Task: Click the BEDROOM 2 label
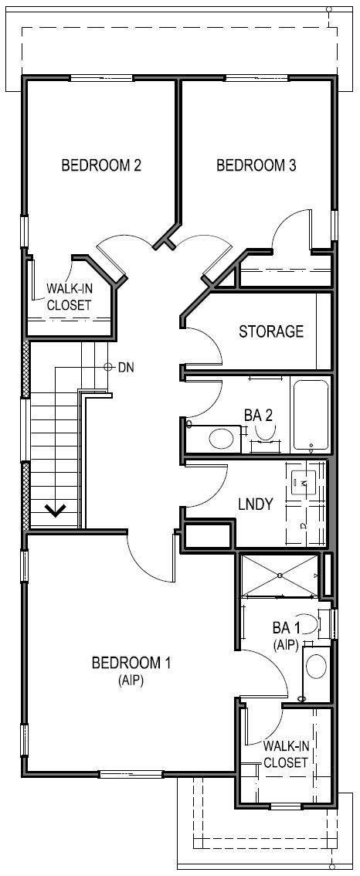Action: tap(100, 165)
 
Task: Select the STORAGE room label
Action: tap(270, 331)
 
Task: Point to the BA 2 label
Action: tap(259, 416)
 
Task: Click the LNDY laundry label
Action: tap(255, 504)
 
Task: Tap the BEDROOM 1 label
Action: tap(131, 663)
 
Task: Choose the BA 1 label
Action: tap(286, 628)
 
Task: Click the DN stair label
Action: tap(126, 367)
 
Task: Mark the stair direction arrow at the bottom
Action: tap(54, 510)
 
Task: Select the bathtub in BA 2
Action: tap(311, 415)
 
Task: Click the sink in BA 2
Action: tap(222, 439)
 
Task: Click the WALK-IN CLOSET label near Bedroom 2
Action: tap(69, 296)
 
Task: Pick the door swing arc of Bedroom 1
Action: tap(151, 560)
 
